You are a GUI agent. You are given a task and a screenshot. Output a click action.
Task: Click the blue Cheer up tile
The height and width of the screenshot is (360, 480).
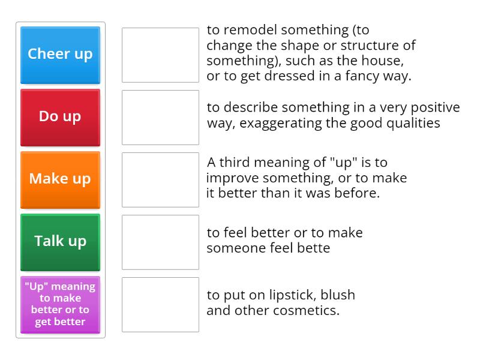click(60, 55)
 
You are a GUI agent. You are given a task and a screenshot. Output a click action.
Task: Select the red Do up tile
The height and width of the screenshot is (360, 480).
click(60, 117)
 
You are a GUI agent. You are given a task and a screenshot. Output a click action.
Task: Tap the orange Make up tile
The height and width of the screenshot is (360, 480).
click(60, 179)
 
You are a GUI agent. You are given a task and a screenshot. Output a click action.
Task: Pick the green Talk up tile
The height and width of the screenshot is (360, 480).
click(60, 242)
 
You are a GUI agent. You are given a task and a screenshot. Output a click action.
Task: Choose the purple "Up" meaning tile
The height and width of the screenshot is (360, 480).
click(60, 304)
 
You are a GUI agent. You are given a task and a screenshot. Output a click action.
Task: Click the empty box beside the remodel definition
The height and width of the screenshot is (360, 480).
click(160, 55)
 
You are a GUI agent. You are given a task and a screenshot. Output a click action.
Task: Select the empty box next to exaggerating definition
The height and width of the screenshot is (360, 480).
click(160, 117)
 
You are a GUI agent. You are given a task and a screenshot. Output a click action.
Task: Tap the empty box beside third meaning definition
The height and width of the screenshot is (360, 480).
click(160, 179)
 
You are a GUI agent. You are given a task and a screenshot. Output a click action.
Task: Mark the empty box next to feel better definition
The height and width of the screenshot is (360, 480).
click(160, 242)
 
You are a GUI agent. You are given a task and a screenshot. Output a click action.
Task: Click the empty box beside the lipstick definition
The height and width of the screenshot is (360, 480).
click(160, 304)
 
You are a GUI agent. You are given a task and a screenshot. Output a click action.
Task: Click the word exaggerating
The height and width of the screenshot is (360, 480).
click(322, 123)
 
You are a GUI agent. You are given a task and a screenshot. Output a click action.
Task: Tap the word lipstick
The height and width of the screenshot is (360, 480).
click(284, 295)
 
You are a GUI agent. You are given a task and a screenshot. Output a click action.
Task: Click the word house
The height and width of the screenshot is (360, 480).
click(385, 61)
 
